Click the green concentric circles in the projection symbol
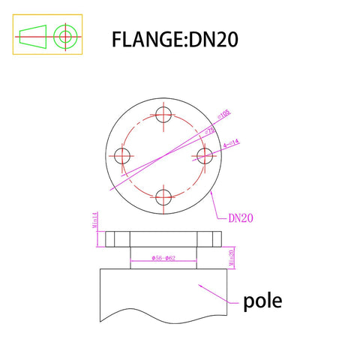coord(66,34)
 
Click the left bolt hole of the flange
coord(123,156)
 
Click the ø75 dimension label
coord(211,129)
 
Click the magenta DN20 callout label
coord(242,218)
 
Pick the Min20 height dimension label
coord(232,257)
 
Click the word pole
coord(262,302)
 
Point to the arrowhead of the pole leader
coord(198,286)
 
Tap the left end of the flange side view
coord(107,239)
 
